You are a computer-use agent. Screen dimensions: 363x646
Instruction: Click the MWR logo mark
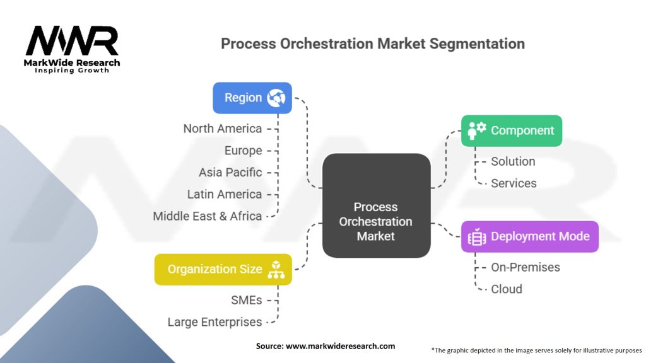(72, 41)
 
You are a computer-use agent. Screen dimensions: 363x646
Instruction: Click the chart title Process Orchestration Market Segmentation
(372, 44)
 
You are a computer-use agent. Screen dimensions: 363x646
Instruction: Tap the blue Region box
(252, 98)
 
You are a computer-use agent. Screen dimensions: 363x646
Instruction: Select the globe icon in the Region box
(276, 98)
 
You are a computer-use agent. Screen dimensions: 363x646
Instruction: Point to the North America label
(222, 129)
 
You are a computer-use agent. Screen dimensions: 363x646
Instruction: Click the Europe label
(243, 151)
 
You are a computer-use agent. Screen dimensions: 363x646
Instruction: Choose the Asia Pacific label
(230, 172)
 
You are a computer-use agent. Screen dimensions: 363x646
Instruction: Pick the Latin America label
(224, 194)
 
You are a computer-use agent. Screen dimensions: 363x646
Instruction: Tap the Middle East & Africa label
(207, 216)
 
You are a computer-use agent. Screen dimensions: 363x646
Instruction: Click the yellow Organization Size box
(223, 269)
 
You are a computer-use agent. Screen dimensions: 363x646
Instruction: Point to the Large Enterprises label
(214, 322)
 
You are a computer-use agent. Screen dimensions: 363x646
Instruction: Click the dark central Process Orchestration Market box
(376, 205)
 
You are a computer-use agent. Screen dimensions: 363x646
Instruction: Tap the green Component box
(511, 130)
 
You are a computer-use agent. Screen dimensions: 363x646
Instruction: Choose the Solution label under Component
(513, 161)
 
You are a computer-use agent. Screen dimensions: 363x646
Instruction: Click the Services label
(514, 183)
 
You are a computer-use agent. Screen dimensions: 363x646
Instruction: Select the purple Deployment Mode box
(529, 236)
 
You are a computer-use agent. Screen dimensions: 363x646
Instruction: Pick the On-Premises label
(526, 267)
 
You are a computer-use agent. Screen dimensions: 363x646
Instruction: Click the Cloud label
(507, 289)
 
